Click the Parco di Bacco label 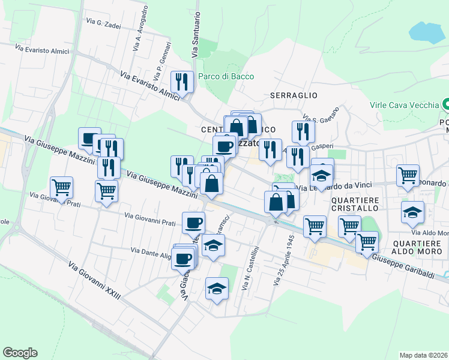(x=226, y=76)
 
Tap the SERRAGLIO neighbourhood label (x=293, y=95)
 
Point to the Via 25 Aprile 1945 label (x=283, y=259)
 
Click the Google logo (x=20, y=353)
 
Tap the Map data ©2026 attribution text (x=423, y=355)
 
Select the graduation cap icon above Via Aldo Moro (x=413, y=212)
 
